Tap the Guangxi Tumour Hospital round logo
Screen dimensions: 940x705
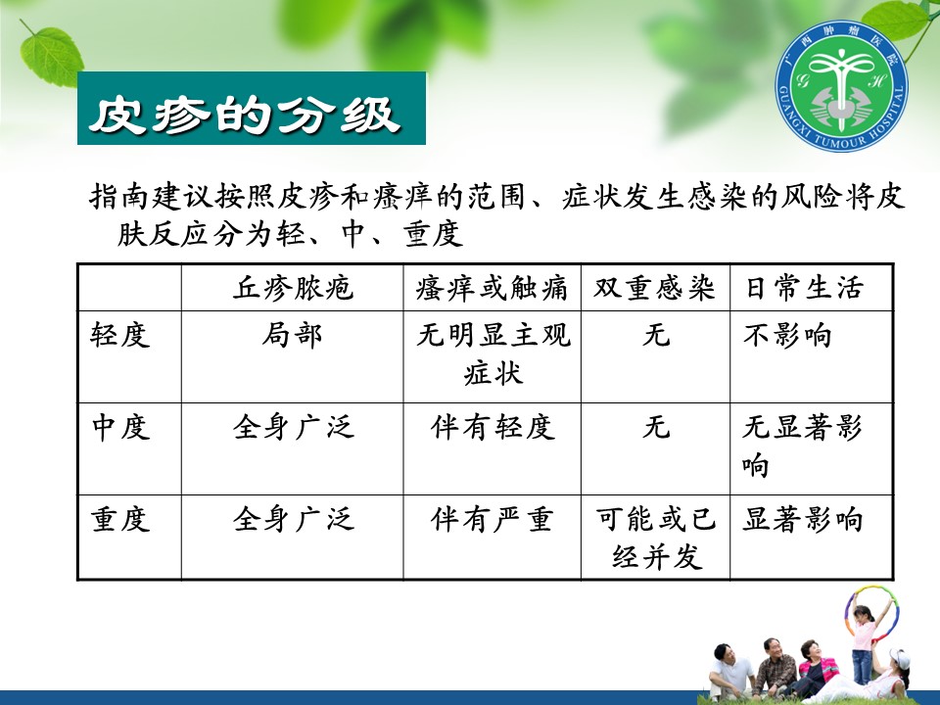coord(841,85)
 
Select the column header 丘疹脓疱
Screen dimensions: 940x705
coord(293,288)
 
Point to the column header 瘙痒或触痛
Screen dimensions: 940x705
coord(492,288)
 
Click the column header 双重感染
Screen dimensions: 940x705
coord(655,288)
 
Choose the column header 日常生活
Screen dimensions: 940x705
coord(804,288)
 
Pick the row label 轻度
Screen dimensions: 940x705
coord(119,335)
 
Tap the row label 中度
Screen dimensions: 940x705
coord(119,428)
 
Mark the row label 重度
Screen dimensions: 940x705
coord(119,519)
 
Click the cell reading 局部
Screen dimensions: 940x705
coord(292,335)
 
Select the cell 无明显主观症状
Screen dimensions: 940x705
coord(493,353)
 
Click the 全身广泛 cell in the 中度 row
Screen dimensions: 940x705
coord(293,428)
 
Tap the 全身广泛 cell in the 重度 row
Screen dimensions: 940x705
coord(293,519)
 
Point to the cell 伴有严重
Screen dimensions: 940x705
coord(492,519)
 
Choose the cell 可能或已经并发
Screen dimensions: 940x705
coord(656,539)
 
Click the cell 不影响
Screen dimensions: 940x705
coord(787,335)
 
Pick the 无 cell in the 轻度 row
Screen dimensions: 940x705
coord(656,335)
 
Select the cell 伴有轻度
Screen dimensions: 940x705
coord(493,428)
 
